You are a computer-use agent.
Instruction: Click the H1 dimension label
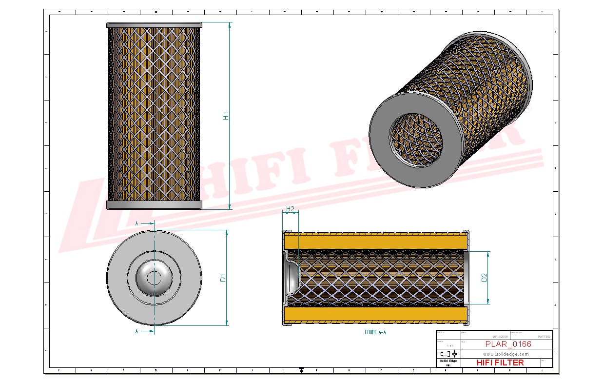coord(226,116)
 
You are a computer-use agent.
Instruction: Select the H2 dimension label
coord(291,209)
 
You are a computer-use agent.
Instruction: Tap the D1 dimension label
coord(223,278)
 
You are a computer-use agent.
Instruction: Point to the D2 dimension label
coord(484,278)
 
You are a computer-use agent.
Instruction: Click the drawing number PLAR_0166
coord(508,344)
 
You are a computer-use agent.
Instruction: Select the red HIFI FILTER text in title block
coord(500,363)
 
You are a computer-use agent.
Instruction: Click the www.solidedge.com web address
coord(506,354)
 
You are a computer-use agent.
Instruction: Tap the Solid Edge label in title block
coord(448,361)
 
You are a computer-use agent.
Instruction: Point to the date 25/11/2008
coord(500,336)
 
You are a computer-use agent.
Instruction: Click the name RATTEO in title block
coord(544,336)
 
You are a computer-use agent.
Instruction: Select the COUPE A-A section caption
coord(375,332)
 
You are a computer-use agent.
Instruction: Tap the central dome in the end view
coord(154,278)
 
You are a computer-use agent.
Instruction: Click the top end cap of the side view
coord(154,25)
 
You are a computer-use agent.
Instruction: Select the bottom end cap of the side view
coord(154,205)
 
